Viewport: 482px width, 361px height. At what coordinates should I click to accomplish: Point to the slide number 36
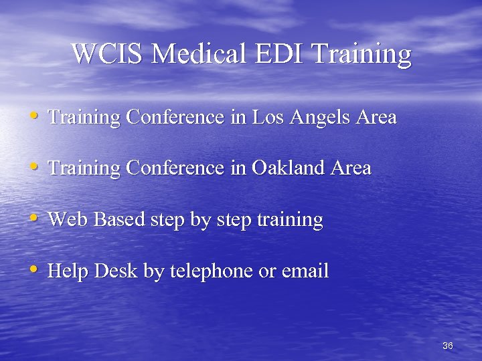pyautogui.click(x=448, y=346)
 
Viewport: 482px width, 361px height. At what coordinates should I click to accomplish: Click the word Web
pyautogui.click(x=69, y=219)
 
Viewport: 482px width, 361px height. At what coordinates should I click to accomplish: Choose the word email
pyautogui.click(x=305, y=271)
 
